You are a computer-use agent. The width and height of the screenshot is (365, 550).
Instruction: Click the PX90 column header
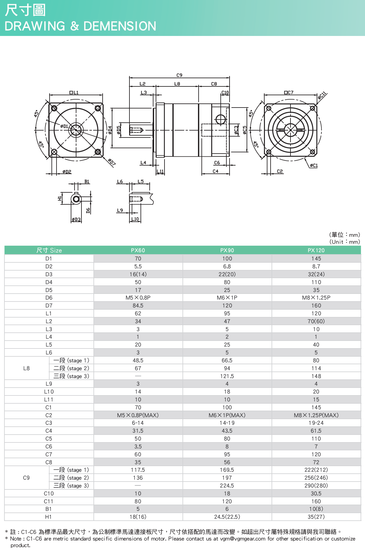tap(227, 250)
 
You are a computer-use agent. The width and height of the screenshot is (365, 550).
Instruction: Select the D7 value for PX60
tap(138, 306)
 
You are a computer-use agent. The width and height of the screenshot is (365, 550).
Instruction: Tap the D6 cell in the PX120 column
tap(316, 298)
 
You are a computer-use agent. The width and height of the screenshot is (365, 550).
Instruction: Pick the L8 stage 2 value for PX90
tap(227, 368)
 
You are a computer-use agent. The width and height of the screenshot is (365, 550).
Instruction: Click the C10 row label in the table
tap(49, 494)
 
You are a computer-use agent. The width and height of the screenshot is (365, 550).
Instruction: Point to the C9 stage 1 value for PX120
tap(316, 470)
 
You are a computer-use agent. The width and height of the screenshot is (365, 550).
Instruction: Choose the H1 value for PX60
tap(138, 517)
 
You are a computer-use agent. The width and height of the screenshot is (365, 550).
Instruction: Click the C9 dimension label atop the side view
tap(179, 75)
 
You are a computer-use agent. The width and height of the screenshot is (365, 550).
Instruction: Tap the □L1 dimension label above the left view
tap(74, 92)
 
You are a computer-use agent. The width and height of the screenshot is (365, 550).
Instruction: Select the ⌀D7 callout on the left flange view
tap(111, 162)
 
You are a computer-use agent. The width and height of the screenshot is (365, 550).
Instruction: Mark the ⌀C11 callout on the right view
tap(322, 95)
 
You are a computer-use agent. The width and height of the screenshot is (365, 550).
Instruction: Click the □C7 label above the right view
tap(289, 92)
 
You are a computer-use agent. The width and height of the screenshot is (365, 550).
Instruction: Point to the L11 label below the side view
tap(160, 172)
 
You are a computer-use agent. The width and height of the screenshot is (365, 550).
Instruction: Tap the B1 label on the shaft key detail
tap(87, 182)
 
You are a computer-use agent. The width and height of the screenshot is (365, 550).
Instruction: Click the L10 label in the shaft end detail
tap(135, 219)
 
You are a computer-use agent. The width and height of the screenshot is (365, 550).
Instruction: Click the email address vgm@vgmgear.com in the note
tap(242, 539)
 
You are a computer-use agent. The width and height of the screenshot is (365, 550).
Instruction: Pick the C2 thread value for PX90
tap(227, 415)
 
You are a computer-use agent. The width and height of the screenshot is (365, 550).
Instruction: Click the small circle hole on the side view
tap(220, 120)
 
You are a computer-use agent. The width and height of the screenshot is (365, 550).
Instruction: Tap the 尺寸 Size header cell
tap(49, 250)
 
